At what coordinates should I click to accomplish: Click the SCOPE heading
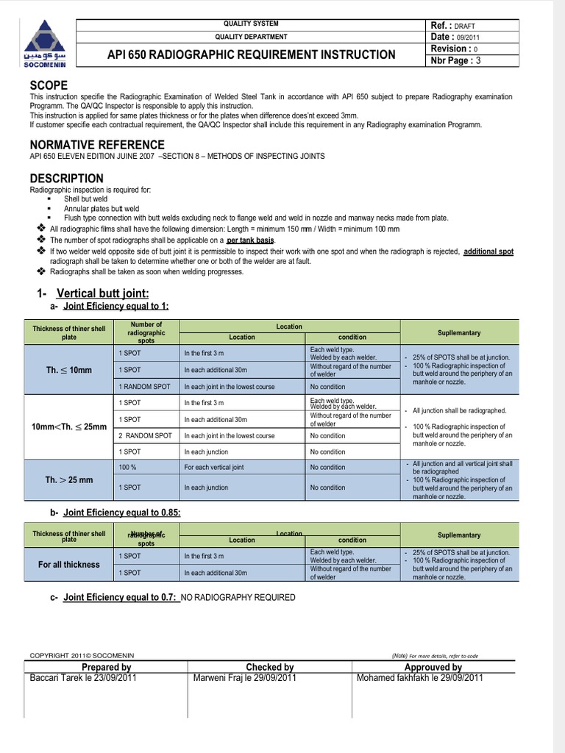pos(49,85)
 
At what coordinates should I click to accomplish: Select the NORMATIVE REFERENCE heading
pos(97,144)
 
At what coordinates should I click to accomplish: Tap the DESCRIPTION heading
pos(66,178)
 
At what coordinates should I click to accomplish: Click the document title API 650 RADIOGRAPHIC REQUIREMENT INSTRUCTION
pos(251,54)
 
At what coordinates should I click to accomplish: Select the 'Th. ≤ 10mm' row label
pos(69,370)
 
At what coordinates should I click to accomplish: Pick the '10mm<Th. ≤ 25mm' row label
pos(69,427)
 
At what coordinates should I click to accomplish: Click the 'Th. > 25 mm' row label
pos(69,479)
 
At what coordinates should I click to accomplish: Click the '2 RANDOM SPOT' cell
pos(144,435)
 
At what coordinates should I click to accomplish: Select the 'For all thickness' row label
pos(69,565)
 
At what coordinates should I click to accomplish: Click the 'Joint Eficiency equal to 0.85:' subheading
pos(122,513)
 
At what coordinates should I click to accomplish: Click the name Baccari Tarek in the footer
pos(58,678)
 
